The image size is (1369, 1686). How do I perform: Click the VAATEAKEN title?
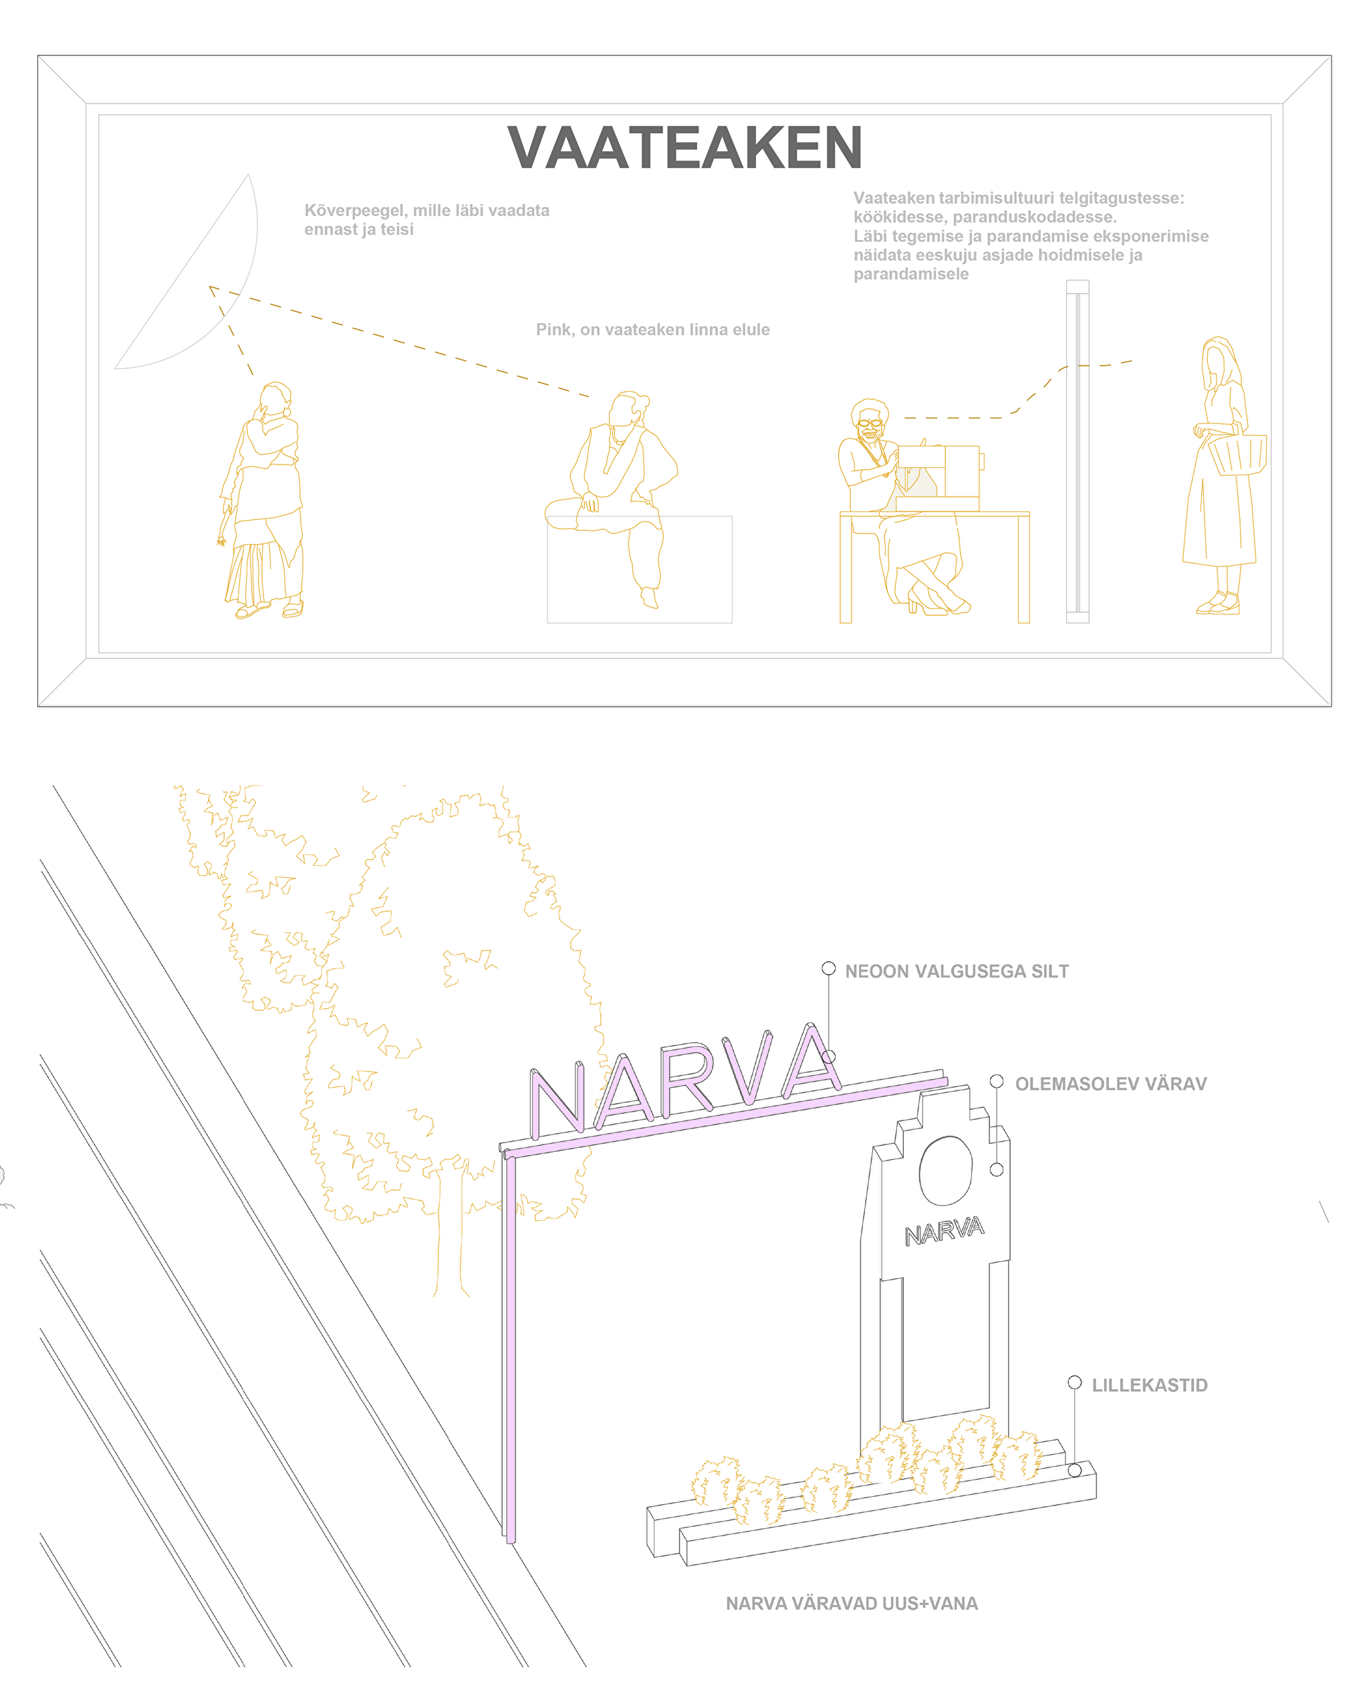click(x=684, y=148)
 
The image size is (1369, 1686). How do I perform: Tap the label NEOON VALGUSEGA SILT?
click(x=957, y=971)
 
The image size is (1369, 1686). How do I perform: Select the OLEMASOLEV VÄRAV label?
click(x=1110, y=1084)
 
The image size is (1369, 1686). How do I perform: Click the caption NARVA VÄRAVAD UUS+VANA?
click(x=852, y=1603)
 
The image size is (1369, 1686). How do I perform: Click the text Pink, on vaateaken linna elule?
click(x=653, y=330)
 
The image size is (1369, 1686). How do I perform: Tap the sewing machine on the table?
click(x=939, y=477)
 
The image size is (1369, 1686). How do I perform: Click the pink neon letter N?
click(x=557, y=1101)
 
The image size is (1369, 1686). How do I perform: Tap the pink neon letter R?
click(x=688, y=1080)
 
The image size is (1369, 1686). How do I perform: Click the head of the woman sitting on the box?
click(x=628, y=408)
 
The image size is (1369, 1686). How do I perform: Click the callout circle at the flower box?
click(x=1075, y=1471)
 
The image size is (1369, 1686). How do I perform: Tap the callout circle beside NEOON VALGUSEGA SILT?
click(x=828, y=969)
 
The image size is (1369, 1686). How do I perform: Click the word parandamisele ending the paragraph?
click(x=911, y=275)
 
